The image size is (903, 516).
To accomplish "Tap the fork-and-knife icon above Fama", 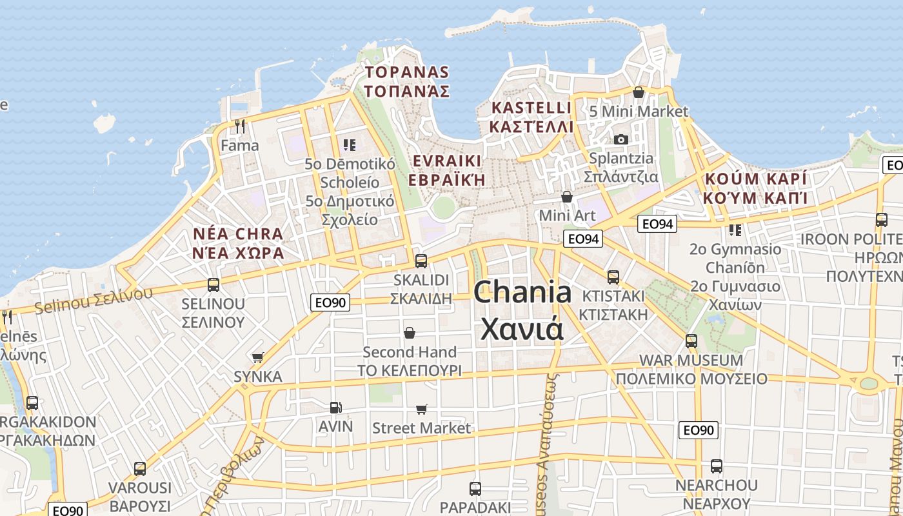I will pos(240,126).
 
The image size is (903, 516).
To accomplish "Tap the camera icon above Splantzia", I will pos(620,139).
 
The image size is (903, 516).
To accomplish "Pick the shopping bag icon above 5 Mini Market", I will pos(639,92).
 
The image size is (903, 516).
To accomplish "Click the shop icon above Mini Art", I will pos(567,196).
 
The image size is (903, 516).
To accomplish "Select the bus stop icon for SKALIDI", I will pos(421,261).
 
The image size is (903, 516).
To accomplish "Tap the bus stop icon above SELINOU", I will pos(213,284).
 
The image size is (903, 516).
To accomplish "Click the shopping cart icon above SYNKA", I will pos(258,357).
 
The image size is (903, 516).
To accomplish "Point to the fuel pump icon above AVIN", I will pos(335,407).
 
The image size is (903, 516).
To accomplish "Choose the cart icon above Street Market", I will pos(422,408).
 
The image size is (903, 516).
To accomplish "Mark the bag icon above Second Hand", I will pos(409,332).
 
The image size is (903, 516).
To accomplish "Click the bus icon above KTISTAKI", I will pos(613,277).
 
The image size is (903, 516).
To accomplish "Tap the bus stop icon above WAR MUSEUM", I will pos(691,341).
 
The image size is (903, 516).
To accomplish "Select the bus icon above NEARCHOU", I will pos(716,466).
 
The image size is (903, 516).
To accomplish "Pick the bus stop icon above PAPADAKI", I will pos(475,488).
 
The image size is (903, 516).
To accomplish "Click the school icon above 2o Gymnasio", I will pos(735,230).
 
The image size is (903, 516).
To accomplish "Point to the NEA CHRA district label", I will pos(238,243).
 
